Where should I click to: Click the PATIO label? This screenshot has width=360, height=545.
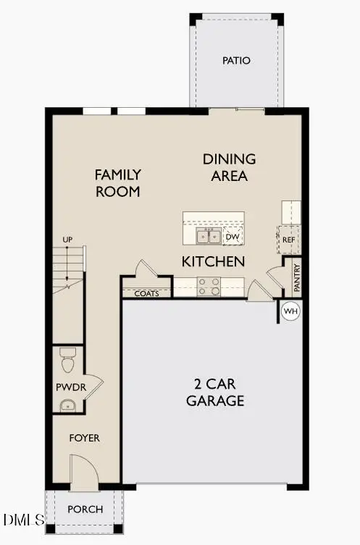[x=236, y=61]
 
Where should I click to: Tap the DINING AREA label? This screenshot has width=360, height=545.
[x=229, y=167]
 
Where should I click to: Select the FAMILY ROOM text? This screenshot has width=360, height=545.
[x=117, y=183]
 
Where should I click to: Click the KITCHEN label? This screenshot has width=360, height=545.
[x=213, y=261]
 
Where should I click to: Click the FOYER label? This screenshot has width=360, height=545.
[x=85, y=438]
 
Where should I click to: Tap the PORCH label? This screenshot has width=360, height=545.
[x=85, y=509]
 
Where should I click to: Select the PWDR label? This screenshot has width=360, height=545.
[x=71, y=387]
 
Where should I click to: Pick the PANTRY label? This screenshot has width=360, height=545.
[x=297, y=277]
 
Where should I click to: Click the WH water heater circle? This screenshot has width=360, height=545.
[x=290, y=310]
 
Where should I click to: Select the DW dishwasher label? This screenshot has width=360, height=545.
[x=233, y=237]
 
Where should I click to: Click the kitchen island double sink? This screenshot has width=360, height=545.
[x=209, y=236]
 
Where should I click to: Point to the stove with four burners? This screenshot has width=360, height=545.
[x=209, y=287]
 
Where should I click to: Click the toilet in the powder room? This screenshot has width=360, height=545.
[x=67, y=358]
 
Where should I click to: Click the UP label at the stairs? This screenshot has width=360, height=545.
[x=67, y=239]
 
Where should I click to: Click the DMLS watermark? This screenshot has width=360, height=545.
[x=22, y=520]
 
